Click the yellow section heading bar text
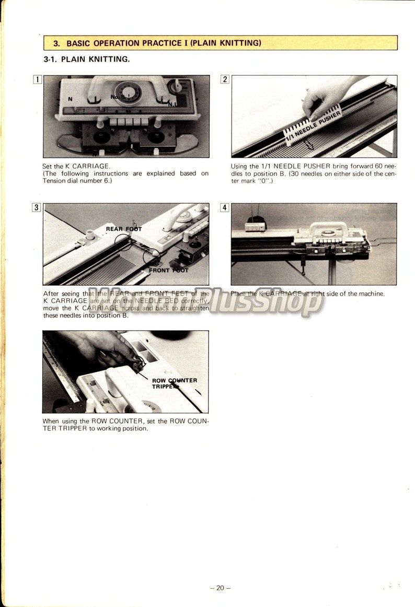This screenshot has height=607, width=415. (157, 43)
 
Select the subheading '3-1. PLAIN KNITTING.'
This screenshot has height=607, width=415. (87, 59)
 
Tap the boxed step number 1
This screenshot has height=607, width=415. (37, 79)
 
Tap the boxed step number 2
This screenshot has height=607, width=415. (225, 79)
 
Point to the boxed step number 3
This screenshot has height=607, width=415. (37, 207)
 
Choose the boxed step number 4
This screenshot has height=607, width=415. (225, 207)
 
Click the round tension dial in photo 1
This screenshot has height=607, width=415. (128, 92)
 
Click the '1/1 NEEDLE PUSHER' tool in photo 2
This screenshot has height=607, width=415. (312, 125)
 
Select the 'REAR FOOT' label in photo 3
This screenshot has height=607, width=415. (124, 229)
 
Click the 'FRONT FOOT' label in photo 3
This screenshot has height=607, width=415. (168, 271)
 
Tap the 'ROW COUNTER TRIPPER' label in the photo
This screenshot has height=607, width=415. (174, 383)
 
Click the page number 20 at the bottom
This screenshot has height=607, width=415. (220, 588)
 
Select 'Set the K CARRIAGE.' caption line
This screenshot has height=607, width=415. (76, 166)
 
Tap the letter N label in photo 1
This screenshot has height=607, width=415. (70, 99)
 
